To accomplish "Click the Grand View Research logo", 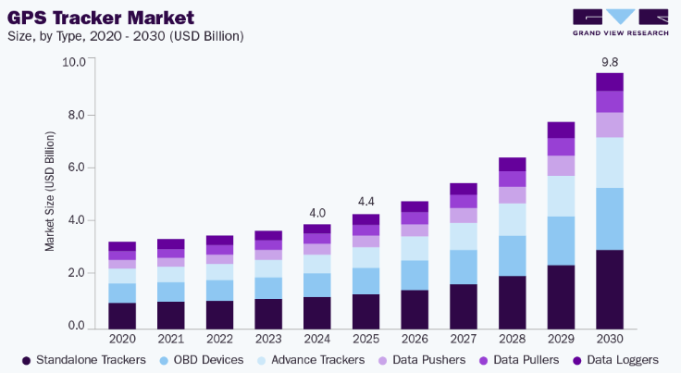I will pyautogui.click(x=620, y=23).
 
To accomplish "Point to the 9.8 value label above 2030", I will pyautogui.click(x=610, y=62).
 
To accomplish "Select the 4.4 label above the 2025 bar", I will pyautogui.click(x=366, y=203).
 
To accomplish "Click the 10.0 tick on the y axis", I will pyautogui.click(x=73, y=62).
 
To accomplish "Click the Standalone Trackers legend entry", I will pyautogui.click(x=84, y=358).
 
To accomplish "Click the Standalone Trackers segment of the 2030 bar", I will pyautogui.click(x=610, y=288).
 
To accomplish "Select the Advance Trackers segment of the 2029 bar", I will pyautogui.click(x=562, y=196).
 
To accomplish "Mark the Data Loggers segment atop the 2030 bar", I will pyautogui.click(x=610, y=81).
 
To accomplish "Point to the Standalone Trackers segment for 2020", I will pyautogui.click(x=122, y=315).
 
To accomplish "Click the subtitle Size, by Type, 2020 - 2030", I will pyautogui.click(x=125, y=36).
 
